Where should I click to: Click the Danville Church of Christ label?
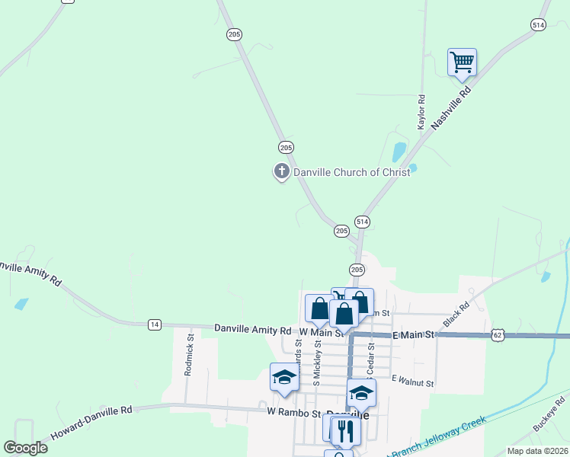(352, 172)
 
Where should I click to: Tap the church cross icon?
(282, 171)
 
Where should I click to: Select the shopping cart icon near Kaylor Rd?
(462, 62)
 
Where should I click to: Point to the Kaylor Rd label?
(421, 111)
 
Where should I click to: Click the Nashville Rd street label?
(452, 106)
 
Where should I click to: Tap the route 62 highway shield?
(498, 334)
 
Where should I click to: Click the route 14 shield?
(155, 324)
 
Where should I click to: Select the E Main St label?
(413, 334)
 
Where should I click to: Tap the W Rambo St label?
(291, 411)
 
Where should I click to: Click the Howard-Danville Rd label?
(91, 423)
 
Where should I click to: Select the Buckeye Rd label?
(549, 414)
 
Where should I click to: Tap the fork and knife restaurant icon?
(346, 430)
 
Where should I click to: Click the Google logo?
(25, 448)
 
